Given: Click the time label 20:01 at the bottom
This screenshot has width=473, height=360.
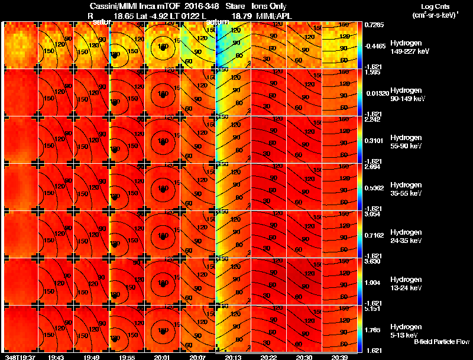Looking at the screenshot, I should coord(162,356).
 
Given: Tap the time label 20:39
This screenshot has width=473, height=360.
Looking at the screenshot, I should coord(339,356).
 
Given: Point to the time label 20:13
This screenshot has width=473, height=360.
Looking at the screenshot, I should coord(233,356).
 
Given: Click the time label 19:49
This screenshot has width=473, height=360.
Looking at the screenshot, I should coord(91,356).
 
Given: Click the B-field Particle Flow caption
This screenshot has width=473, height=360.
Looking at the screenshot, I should coord(441,342).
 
